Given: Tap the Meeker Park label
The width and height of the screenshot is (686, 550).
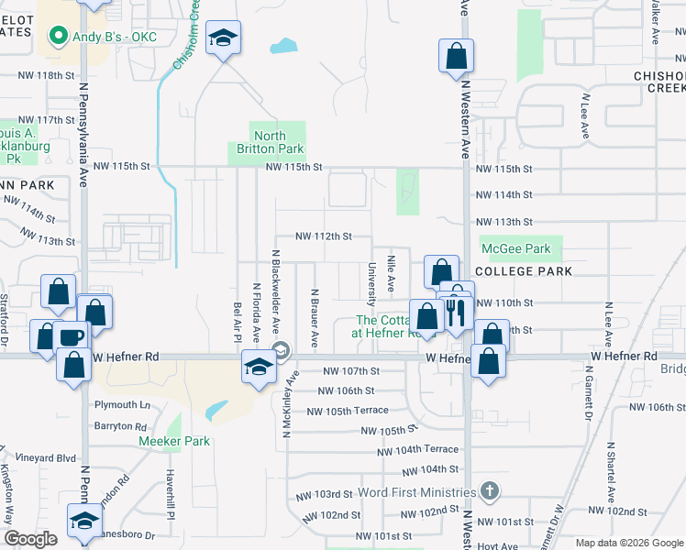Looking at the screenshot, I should (x=174, y=441).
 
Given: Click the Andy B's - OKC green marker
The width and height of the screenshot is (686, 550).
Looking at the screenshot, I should (x=57, y=37).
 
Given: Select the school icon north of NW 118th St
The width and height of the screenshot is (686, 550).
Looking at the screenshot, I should (x=223, y=38).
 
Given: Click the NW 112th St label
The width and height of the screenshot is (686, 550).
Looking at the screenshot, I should (x=324, y=236).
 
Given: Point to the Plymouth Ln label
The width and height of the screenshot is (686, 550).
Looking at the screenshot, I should (x=122, y=404).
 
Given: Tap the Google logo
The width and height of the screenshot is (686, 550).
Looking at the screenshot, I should (x=30, y=539).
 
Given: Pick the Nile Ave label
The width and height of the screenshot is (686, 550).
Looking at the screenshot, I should (x=392, y=274).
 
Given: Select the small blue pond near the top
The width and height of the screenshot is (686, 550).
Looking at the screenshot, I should (x=284, y=45).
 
